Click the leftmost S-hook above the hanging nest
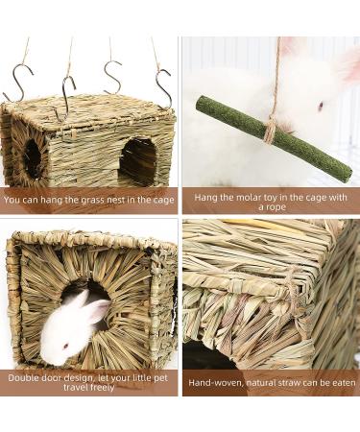pyautogui.click(x=18, y=83)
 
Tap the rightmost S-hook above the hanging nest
pyautogui.click(x=162, y=87)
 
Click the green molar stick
pyautogui.click(x=274, y=137)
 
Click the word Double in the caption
pyautogui.click(x=28, y=377)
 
